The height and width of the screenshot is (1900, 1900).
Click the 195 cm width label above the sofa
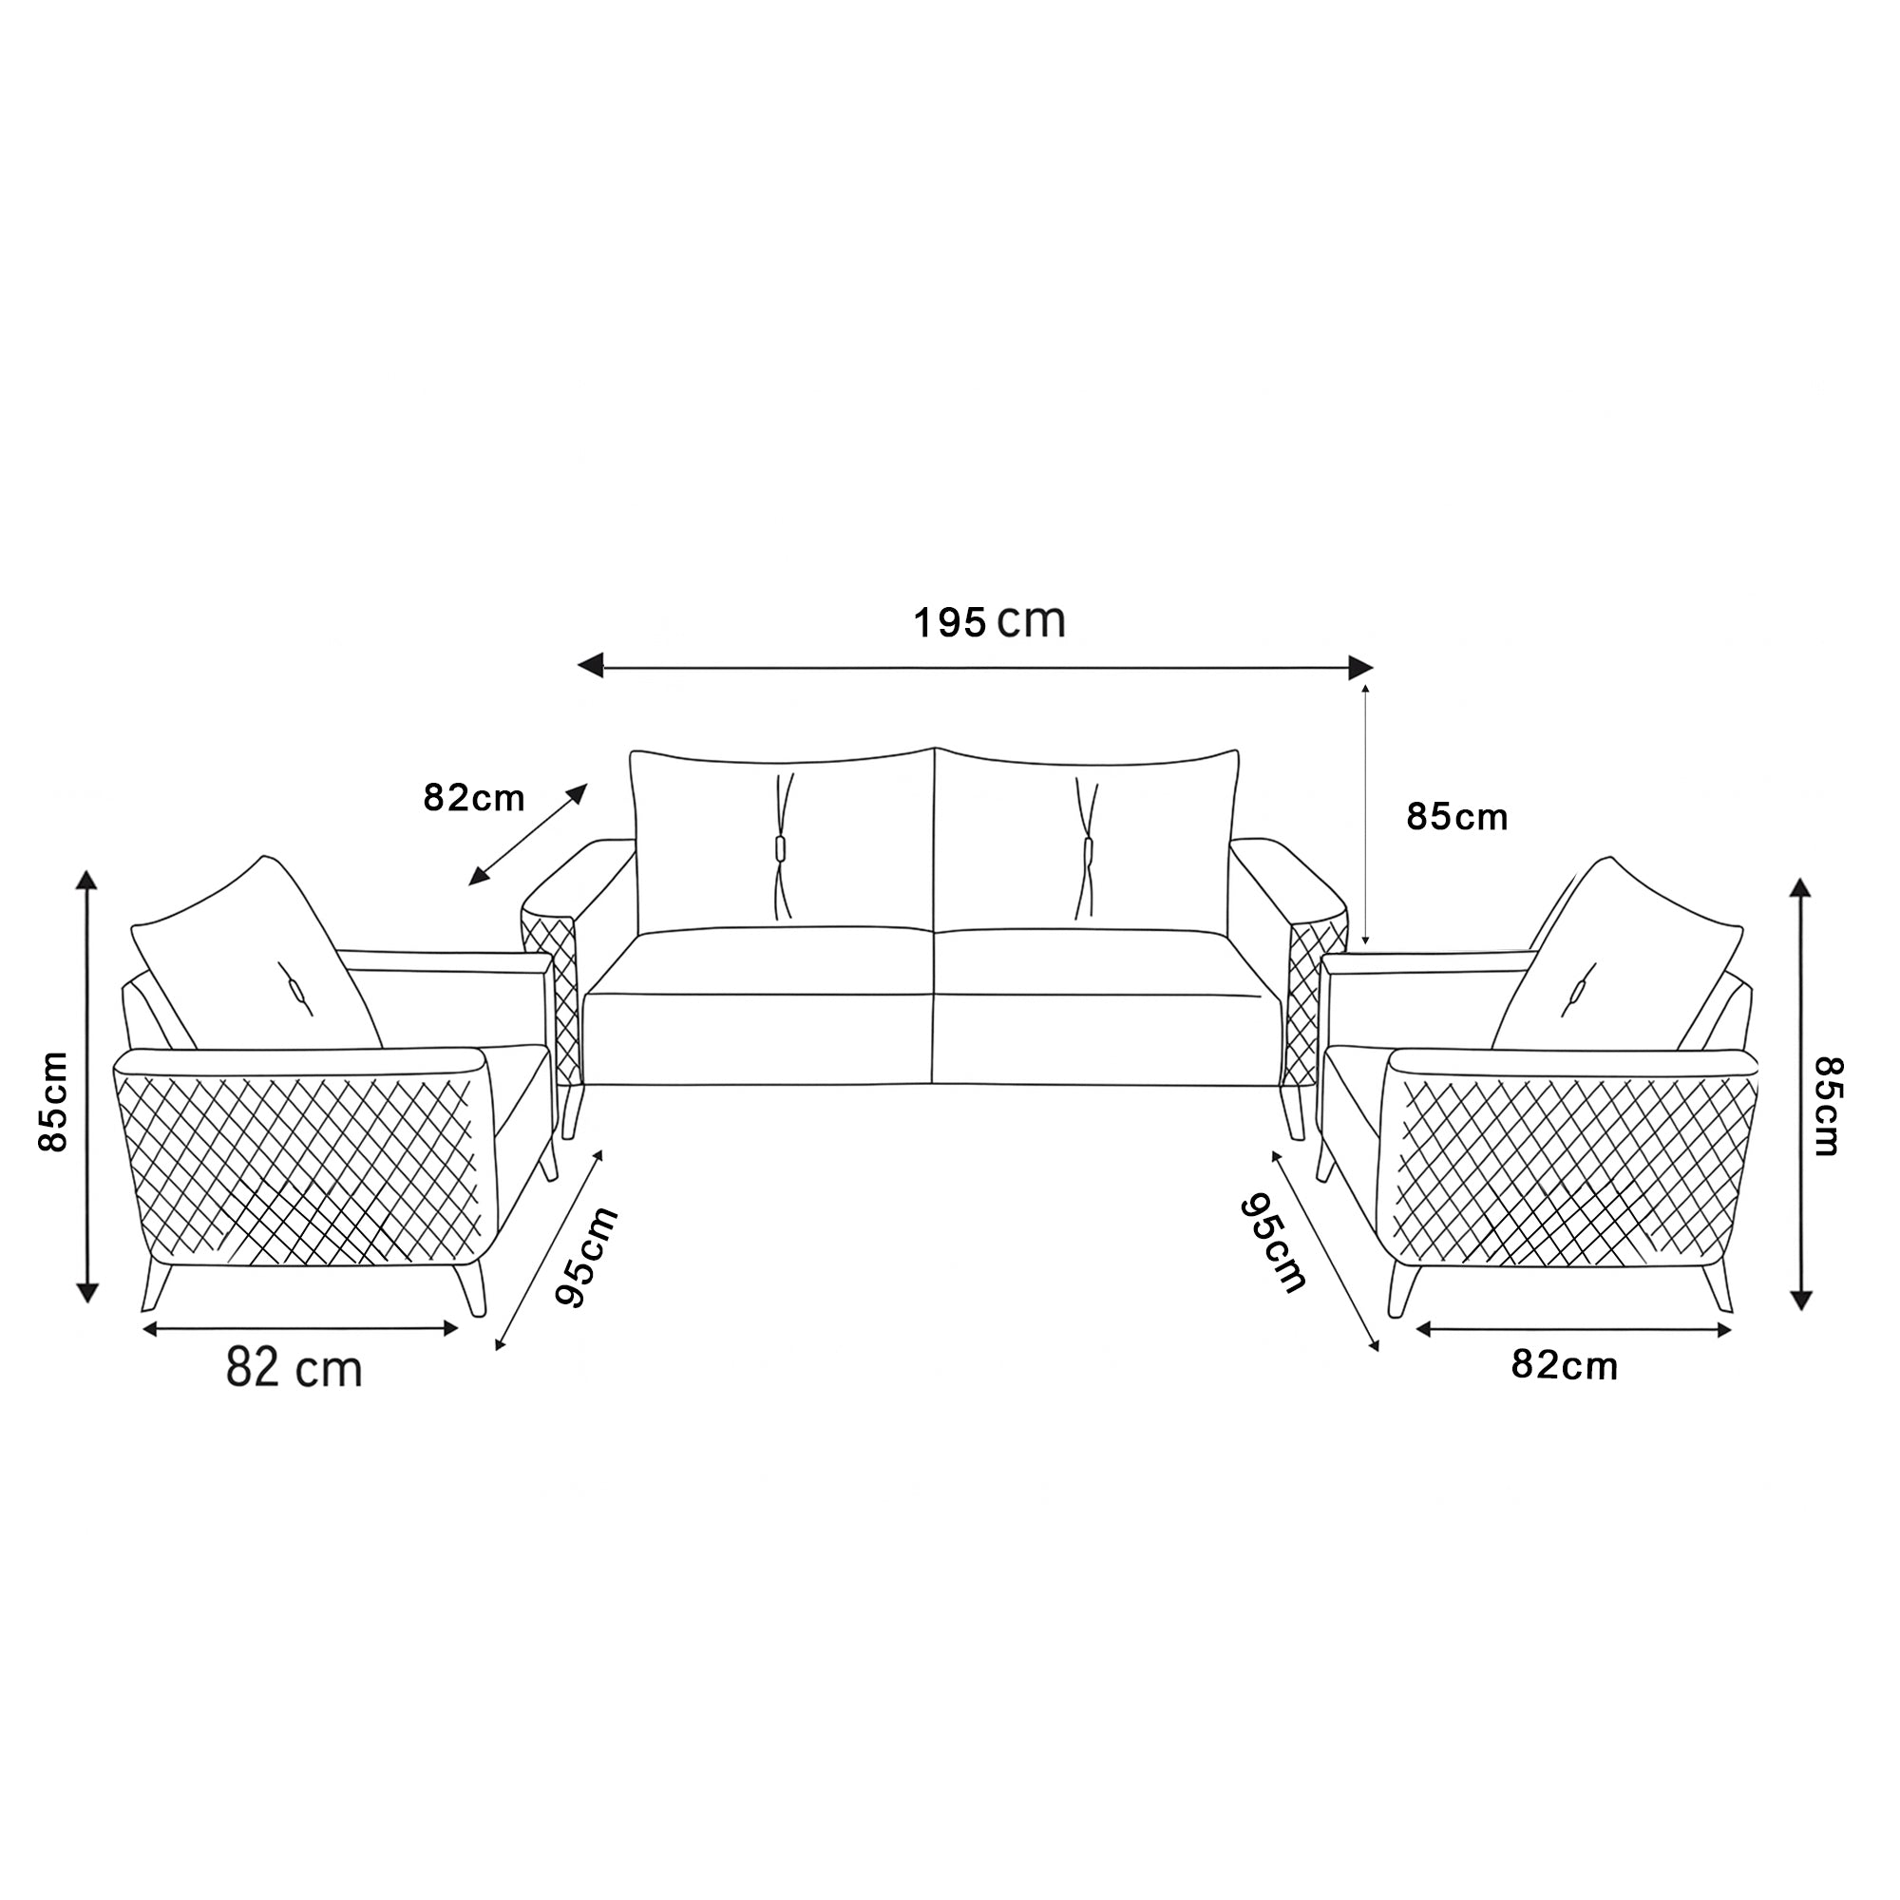point(989,622)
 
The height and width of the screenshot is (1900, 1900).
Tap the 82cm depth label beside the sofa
point(474,798)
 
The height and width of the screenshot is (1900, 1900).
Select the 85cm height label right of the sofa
point(1456,817)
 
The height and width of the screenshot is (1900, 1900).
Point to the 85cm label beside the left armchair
point(53,1100)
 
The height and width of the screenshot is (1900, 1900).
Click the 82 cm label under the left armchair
point(294,1368)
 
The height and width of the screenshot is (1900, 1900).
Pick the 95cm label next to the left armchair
point(586,1257)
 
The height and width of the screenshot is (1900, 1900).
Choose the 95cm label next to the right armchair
point(1274,1244)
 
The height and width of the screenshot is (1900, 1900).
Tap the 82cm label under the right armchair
point(1564,1366)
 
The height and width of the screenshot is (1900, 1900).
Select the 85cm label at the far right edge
point(1828,1107)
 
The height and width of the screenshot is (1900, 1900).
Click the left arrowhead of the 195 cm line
point(590,667)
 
